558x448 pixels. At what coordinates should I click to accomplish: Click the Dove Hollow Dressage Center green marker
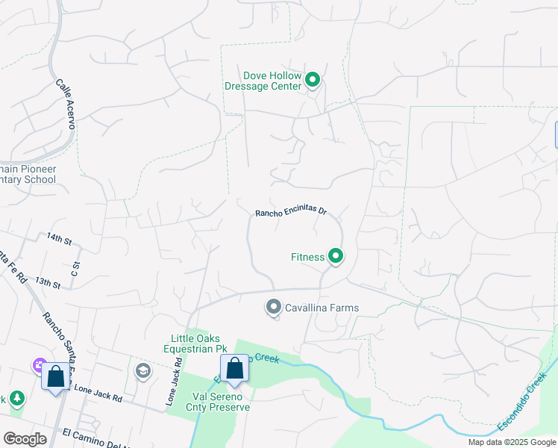tap(313, 79)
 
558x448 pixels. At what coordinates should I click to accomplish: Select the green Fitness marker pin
tap(336, 256)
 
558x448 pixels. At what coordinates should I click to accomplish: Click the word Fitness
tap(307, 257)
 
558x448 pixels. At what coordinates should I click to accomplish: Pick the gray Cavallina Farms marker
tap(274, 307)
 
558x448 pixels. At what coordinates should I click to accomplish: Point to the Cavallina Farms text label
tap(322, 308)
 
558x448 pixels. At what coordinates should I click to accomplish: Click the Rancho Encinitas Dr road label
tap(292, 213)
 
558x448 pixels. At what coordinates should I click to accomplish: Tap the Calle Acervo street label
tap(66, 105)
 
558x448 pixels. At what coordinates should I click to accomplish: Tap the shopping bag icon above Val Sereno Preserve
tap(234, 369)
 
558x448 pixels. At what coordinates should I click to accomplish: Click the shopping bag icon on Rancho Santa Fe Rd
tap(56, 377)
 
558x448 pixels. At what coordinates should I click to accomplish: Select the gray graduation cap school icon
tap(142, 371)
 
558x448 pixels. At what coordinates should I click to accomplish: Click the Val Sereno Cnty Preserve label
tap(221, 402)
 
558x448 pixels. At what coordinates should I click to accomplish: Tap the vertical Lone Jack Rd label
tap(173, 382)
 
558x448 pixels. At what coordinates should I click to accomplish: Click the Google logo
tap(25, 439)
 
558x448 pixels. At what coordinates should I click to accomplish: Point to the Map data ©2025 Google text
tap(512, 442)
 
